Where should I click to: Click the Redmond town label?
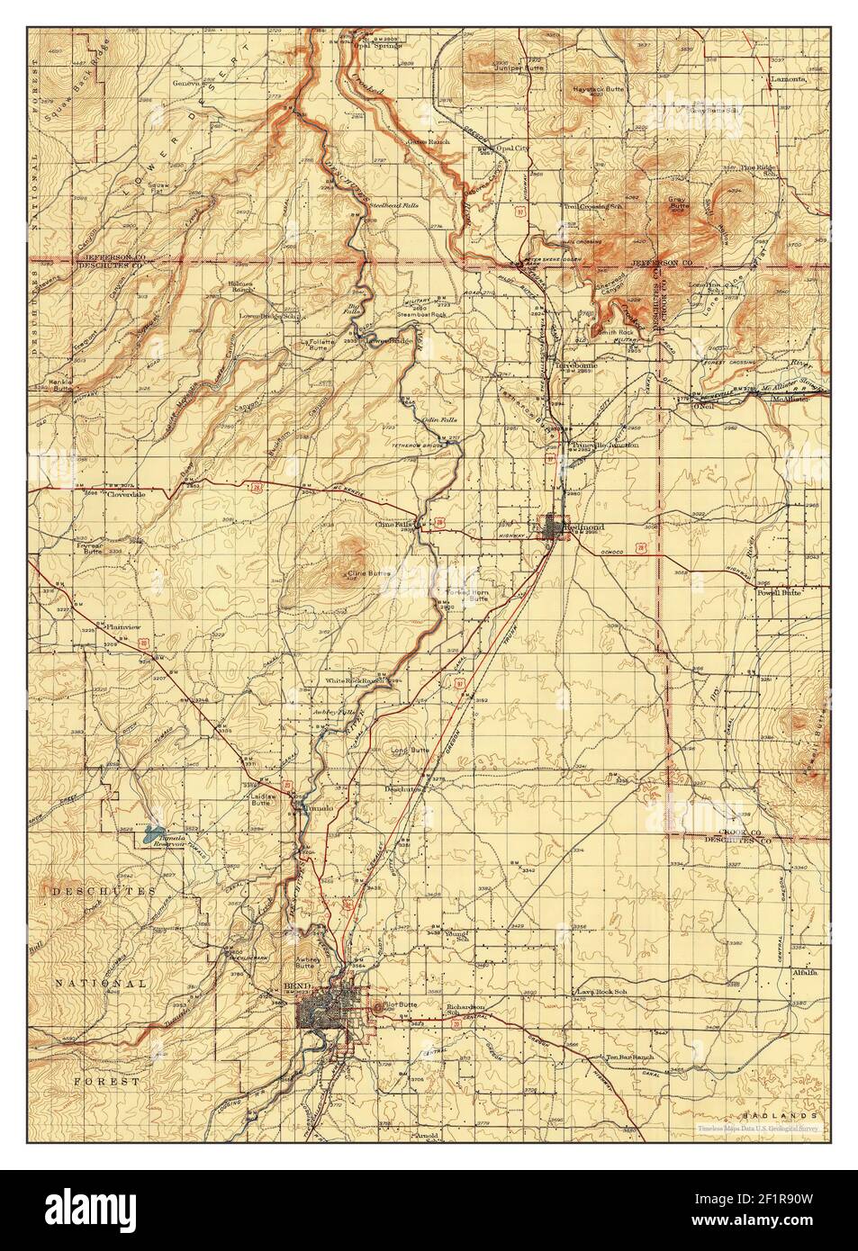(583, 526)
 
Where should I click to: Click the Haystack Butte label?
(599, 91)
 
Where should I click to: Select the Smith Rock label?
(612, 332)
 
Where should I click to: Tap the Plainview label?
(122, 625)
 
